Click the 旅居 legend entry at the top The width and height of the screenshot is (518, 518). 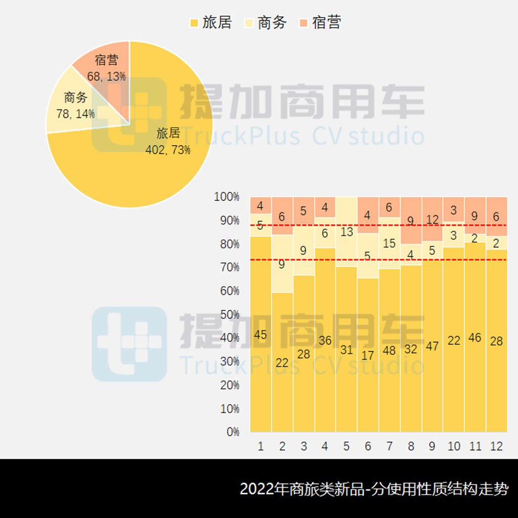(x=211, y=22)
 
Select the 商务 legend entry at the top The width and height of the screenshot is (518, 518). (x=267, y=22)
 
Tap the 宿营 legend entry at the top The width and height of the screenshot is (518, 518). (x=321, y=22)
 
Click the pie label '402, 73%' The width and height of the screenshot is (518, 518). (x=168, y=150)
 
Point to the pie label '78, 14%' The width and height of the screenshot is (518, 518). (x=75, y=114)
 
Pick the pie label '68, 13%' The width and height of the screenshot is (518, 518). (x=106, y=76)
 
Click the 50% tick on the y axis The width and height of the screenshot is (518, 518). (x=230, y=315)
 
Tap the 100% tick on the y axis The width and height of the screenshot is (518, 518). (x=227, y=197)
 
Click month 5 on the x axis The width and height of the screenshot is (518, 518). (x=347, y=446)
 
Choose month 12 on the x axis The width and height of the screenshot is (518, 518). (x=496, y=446)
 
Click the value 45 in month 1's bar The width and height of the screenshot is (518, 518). (x=261, y=335)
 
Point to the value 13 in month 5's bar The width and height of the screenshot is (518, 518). (x=347, y=232)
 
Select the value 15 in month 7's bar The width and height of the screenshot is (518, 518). (x=390, y=243)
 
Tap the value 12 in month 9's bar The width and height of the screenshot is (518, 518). (x=432, y=220)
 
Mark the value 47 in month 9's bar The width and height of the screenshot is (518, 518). (x=432, y=347)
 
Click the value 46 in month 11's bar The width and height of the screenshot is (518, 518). (x=475, y=337)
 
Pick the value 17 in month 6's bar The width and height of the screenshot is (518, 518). (x=368, y=356)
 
